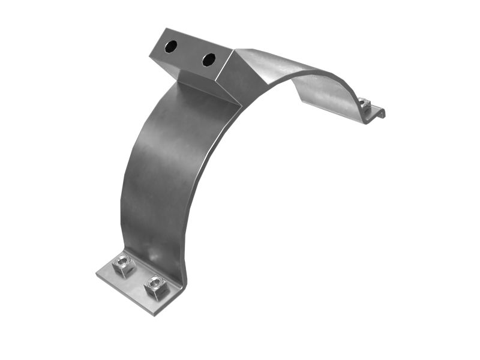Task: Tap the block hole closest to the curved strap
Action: (x=209, y=59)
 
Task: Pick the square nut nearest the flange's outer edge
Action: (x=155, y=284)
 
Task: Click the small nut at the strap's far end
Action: (x=365, y=103)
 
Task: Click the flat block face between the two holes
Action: (x=190, y=52)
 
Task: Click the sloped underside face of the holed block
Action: (x=198, y=81)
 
